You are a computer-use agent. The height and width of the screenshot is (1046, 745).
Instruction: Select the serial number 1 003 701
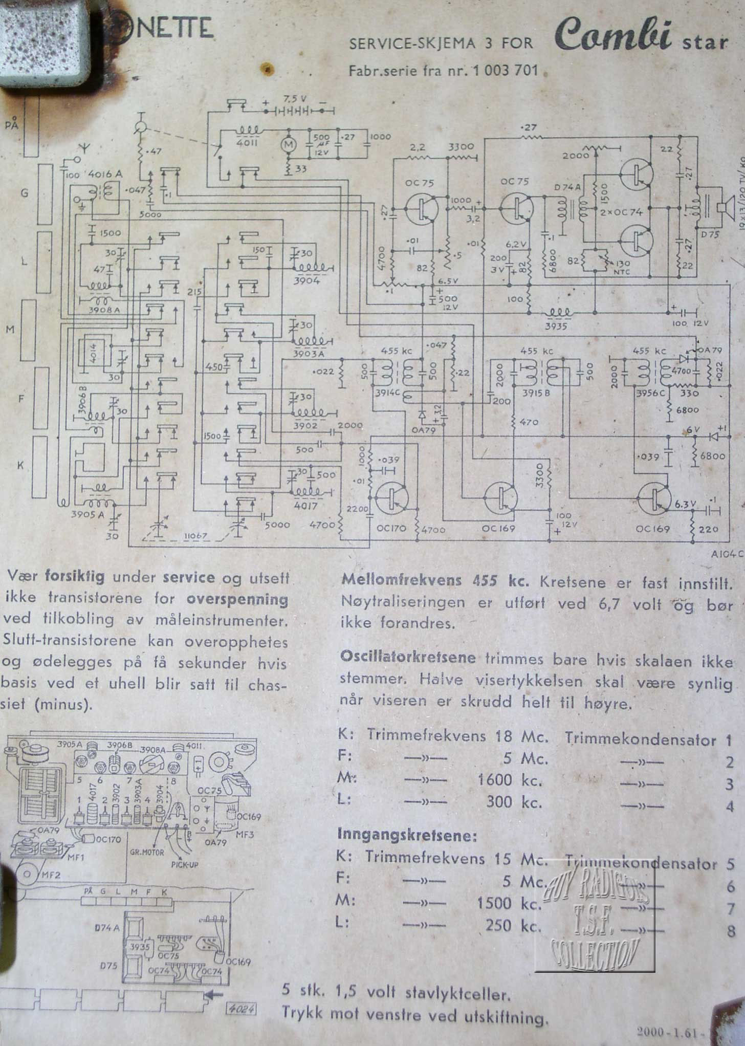tap(506, 70)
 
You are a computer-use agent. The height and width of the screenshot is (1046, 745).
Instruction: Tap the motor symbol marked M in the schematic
tap(288, 144)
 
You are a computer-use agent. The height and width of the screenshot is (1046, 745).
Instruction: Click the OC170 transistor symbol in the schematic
tap(392, 497)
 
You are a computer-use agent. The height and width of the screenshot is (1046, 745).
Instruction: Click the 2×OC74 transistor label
tap(621, 212)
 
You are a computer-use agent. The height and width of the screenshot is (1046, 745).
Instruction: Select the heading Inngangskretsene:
tap(407, 835)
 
